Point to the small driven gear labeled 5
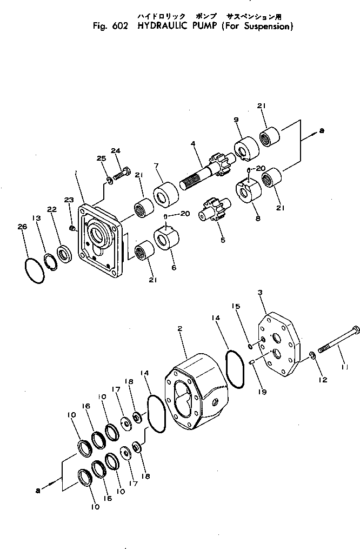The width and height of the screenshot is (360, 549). tap(214, 211)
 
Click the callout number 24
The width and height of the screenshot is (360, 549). tap(115, 150)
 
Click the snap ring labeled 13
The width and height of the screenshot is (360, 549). tap(50, 261)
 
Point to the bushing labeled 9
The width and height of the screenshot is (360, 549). tap(246, 148)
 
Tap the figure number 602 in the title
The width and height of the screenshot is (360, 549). tap(118, 26)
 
